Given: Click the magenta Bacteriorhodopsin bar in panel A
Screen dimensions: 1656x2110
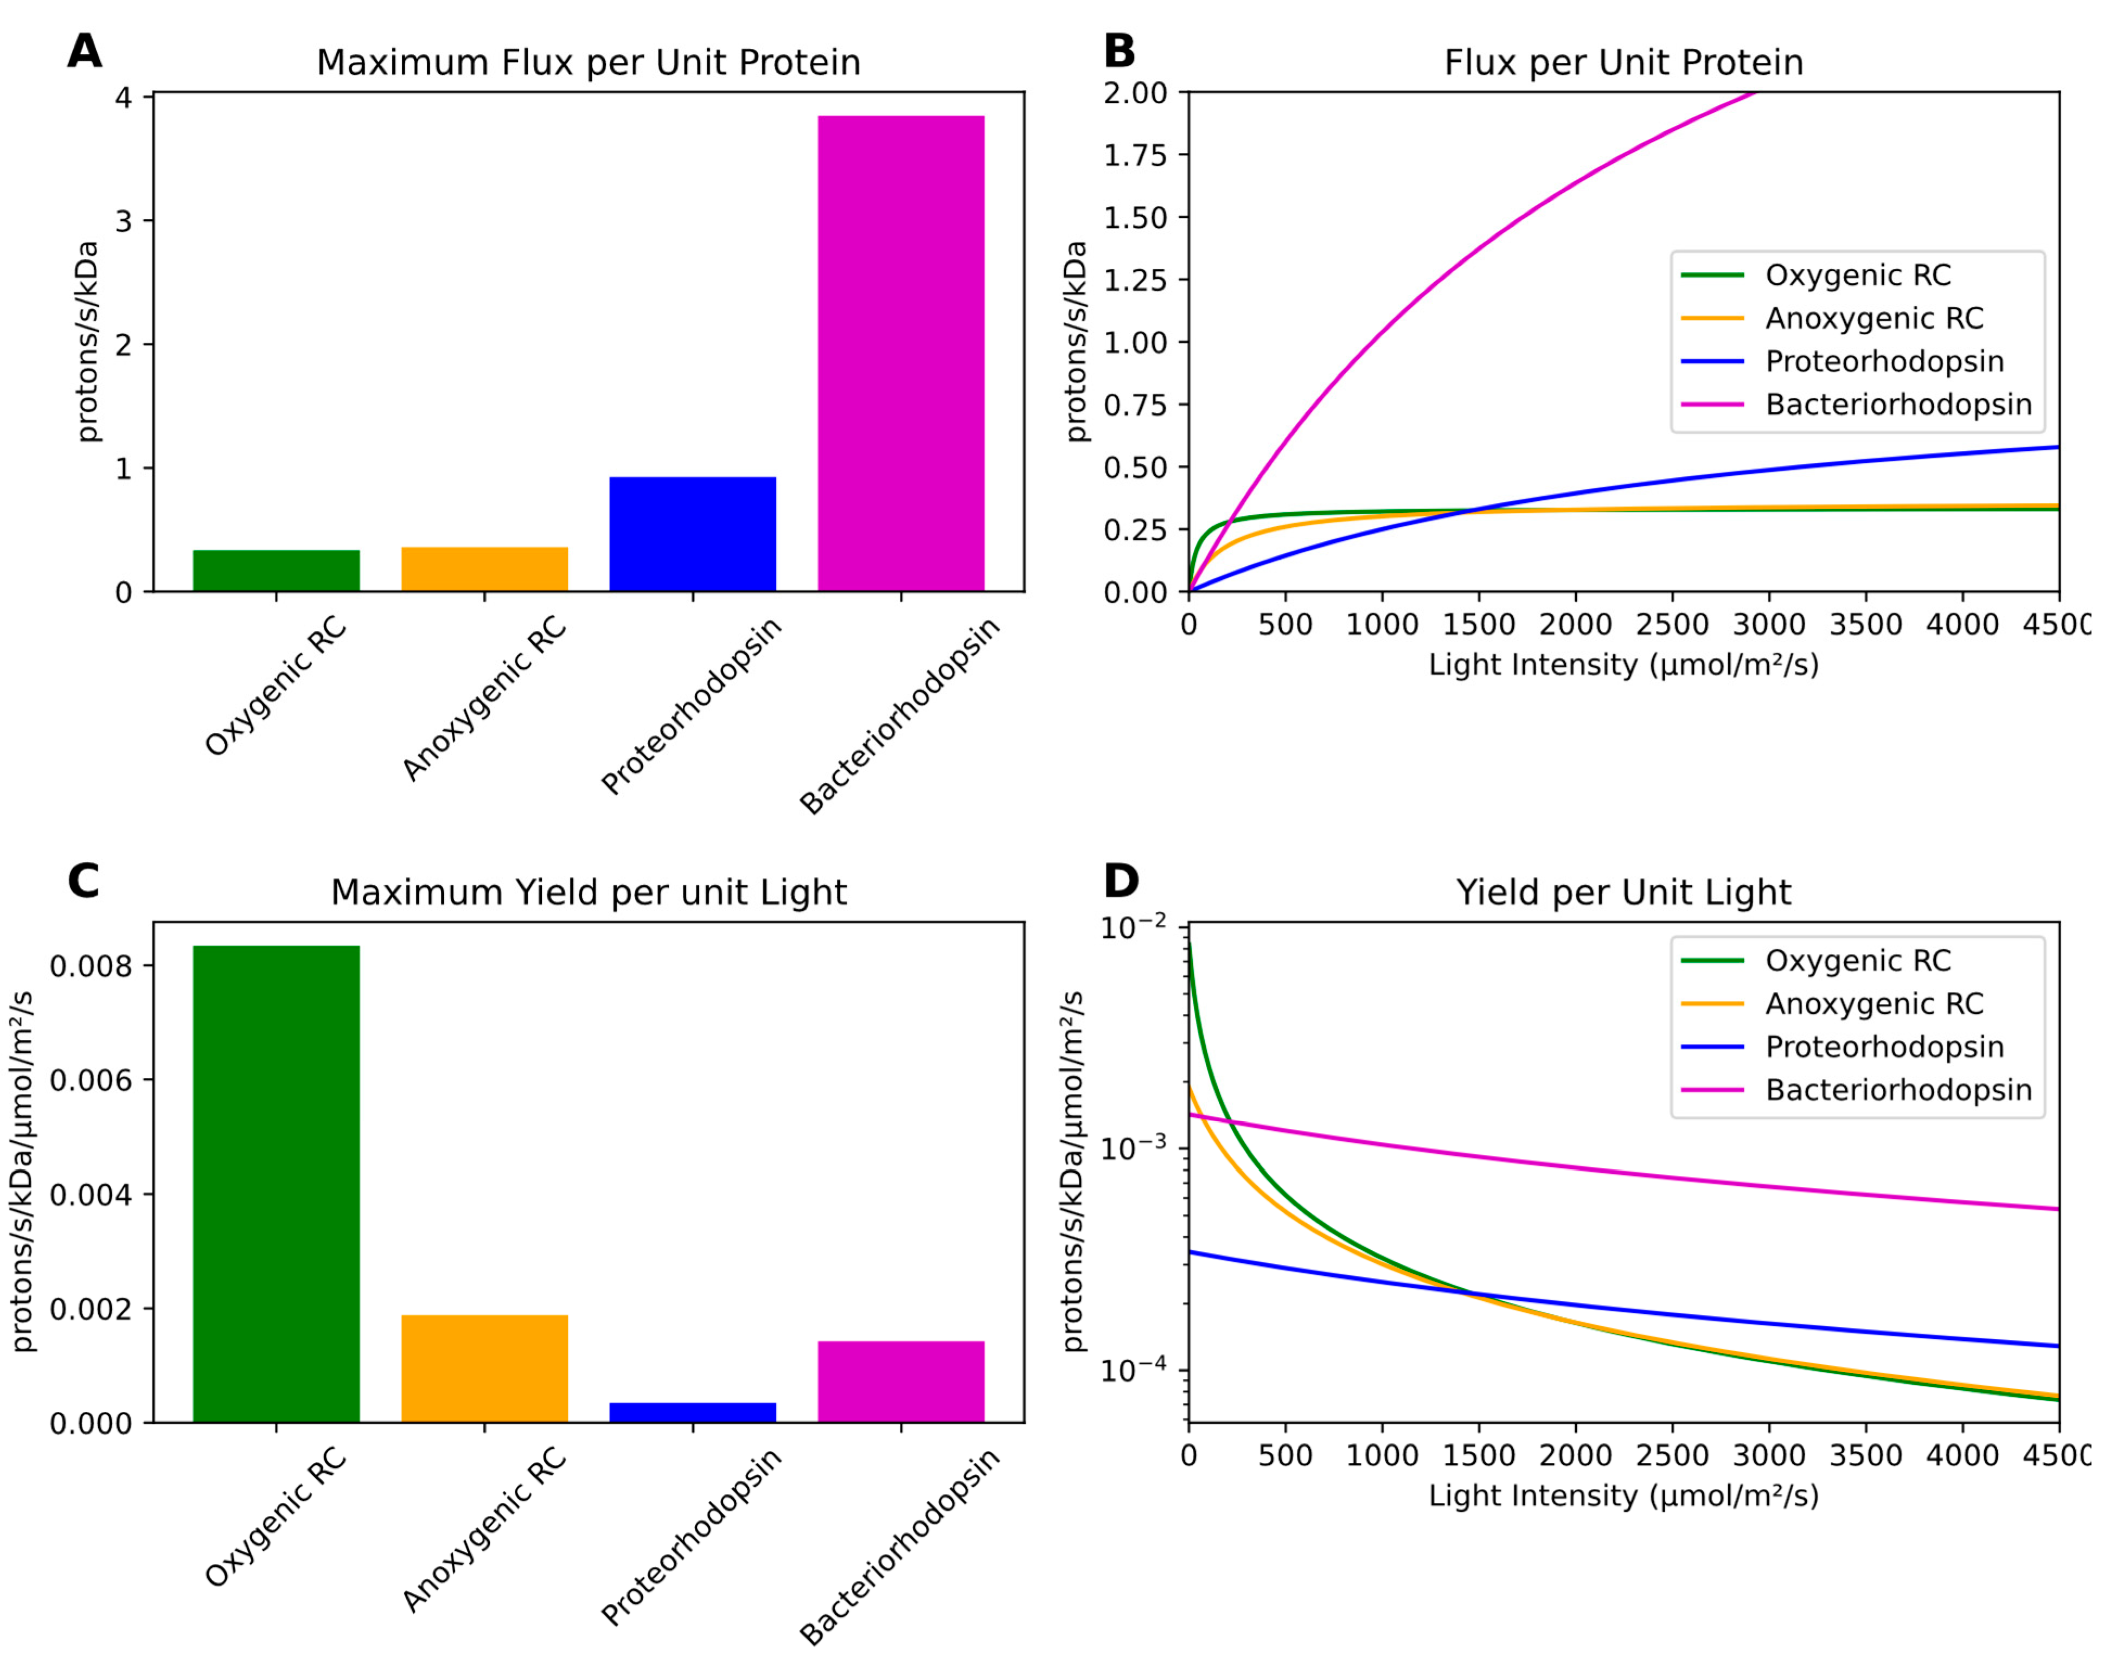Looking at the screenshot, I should point(901,354).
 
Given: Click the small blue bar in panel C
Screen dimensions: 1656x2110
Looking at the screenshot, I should point(692,1412).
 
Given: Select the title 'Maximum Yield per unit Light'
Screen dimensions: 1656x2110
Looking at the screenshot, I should point(589,892).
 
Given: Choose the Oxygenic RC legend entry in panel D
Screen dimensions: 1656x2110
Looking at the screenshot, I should point(1857,961).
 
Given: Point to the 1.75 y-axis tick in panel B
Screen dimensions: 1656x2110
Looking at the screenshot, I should point(1135,155).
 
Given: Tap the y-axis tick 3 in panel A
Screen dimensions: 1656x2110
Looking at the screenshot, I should point(123,221).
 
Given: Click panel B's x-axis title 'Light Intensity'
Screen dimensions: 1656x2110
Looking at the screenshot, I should point(1623,665).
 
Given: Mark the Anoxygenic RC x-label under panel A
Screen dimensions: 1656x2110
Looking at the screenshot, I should point(485,698).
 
